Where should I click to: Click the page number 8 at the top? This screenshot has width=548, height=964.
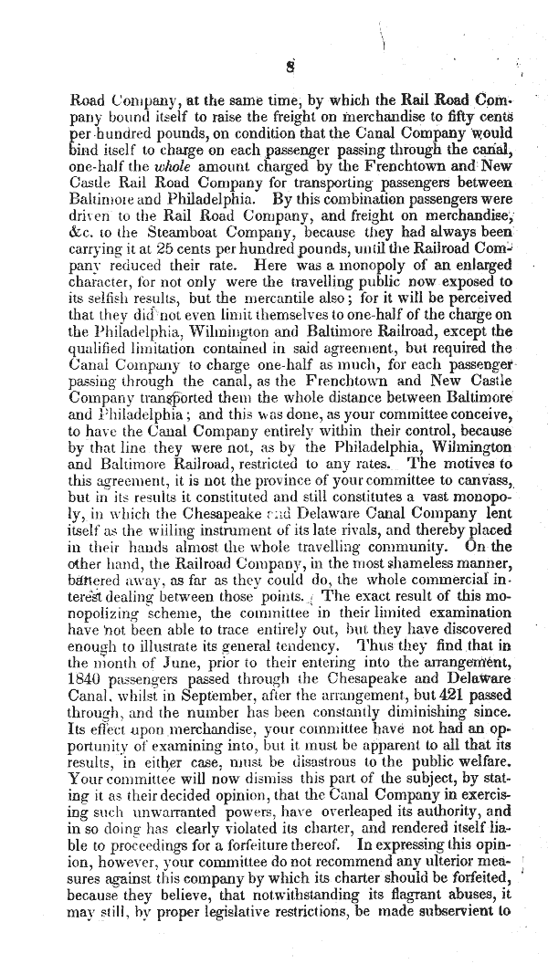(288, 67)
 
